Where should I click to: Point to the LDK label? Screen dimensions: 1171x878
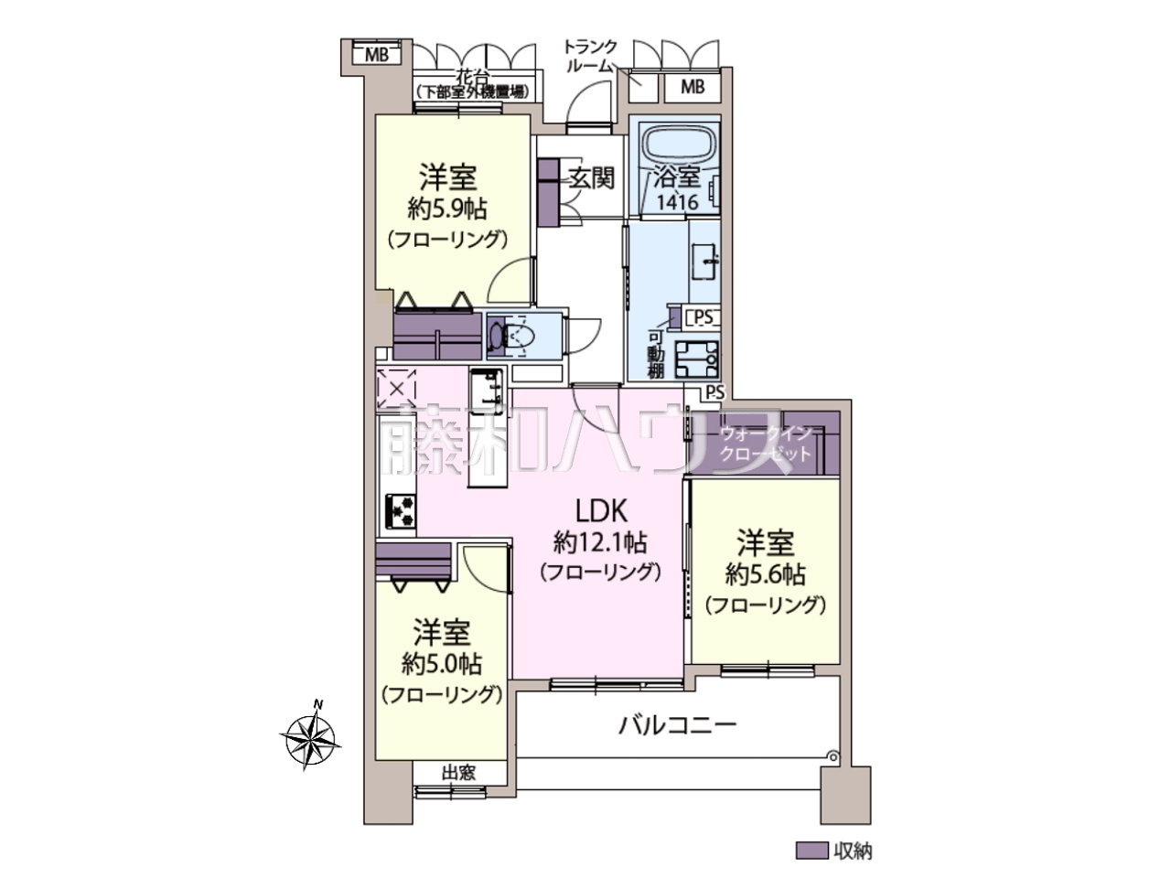(x=601, y=511)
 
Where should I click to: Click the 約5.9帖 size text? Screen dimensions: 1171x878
(x=447, y=209)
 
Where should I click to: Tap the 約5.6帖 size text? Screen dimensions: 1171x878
(x=765, y=574)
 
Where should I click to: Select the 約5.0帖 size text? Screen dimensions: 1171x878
(x=442, y=664)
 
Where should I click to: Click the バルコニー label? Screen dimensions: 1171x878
(x=677, y=725)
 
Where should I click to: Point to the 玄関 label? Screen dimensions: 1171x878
(x=591, y=177)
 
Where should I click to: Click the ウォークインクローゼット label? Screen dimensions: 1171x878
(x=766, y=444)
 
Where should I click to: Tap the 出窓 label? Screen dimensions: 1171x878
(x=458, y=773)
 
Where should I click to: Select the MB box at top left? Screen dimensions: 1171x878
(x=376, y=54)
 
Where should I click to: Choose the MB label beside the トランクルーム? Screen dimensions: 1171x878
(x=692, y=86)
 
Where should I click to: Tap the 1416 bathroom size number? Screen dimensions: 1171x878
(x=677, y=202)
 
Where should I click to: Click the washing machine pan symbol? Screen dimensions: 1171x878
(x=697, y=359)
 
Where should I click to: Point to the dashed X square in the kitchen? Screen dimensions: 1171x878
(x=396, y=390)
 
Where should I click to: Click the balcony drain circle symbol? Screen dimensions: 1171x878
(x=832, y=755)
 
